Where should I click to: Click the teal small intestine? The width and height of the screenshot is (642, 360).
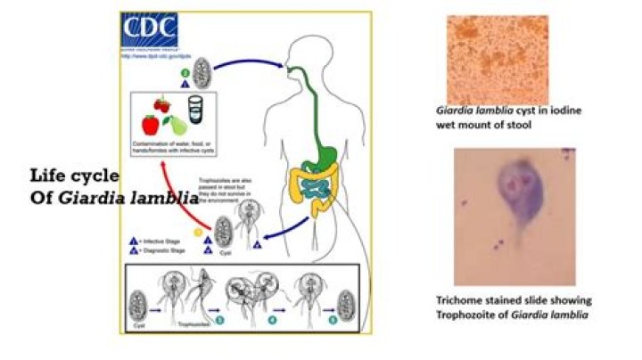click(x=314, y=186)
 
